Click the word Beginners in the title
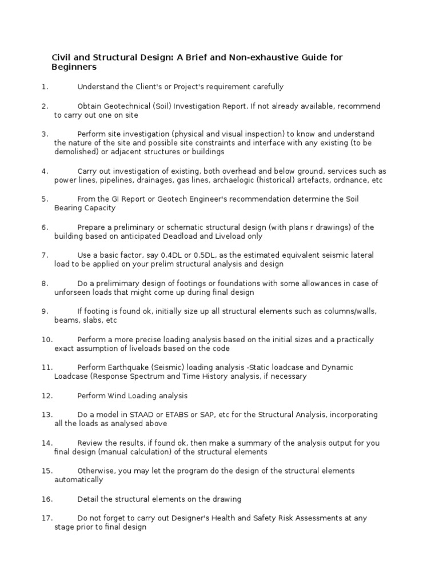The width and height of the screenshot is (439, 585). coord(74,67)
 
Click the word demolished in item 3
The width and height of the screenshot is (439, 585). coord(76,152)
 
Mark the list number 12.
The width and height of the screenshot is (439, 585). coord(46,395)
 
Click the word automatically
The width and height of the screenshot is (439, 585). coord(78,480)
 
